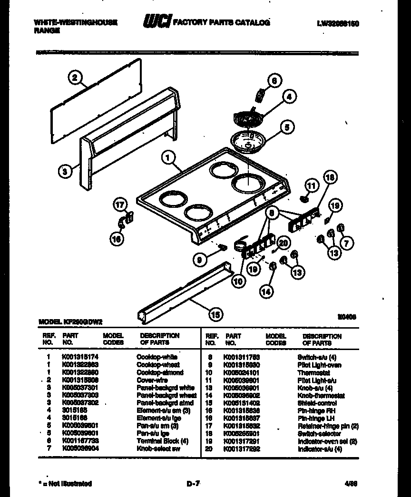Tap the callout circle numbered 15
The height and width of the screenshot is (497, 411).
[216, 313]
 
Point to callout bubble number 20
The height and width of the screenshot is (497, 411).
[283, 243]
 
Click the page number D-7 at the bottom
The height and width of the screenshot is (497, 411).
[193, 484]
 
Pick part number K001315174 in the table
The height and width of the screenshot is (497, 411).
[80, 357]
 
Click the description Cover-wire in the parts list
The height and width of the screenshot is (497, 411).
[152, 380]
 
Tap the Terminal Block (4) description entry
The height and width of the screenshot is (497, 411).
[162, 441]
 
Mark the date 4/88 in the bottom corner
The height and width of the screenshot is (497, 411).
[350, 484]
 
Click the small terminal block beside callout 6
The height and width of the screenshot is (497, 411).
[260, 95]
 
